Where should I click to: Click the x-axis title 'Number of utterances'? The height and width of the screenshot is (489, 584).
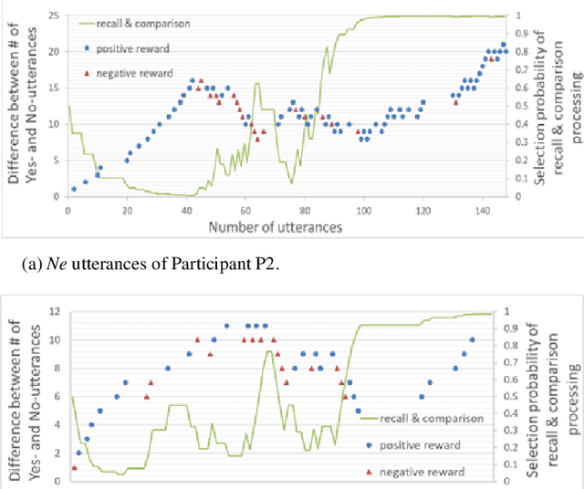(275, 226)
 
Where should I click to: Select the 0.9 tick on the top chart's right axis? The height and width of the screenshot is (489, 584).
(524, 34)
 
